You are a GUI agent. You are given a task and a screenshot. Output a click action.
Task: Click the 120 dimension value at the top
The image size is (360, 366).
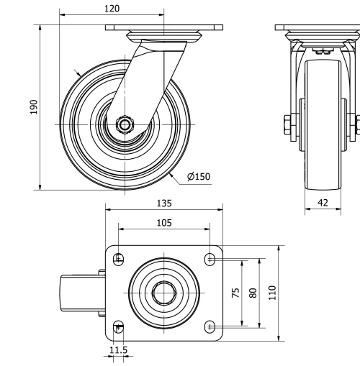pyautogui.click(x=112, y=8)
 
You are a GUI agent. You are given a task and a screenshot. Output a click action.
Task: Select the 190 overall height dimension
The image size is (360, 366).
pyautogui.click(x=32, y=107)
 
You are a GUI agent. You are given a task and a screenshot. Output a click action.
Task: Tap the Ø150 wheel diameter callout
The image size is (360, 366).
pyautogui.click(x=198, y=176)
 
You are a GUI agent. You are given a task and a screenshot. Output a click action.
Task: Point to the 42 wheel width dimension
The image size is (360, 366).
pyautogui.click(x=323, y=203)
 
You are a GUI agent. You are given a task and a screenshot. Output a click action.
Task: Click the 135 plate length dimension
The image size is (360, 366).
pyautogui.click(x=164, y=203)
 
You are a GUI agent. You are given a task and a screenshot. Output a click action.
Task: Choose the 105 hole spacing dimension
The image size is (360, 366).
pyautogui.click(x=164, y=223)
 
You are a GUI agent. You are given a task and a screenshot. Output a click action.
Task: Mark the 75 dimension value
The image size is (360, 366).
pyautogui.click(x=235, y=293)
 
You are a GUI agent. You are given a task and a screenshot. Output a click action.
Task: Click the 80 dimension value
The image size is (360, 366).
pyautogui.click(x=252, y=293)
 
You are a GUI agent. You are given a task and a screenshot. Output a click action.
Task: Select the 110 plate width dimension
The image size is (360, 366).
pyautogui.click(x=272, y=293)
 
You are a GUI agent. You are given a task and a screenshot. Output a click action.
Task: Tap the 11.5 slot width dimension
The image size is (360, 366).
pyautogui.click(x=118, y=350)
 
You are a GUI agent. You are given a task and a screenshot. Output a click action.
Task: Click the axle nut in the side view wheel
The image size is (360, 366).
pyautogui.click(x=125, y=124)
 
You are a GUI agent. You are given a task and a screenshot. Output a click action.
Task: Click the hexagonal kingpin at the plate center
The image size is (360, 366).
pyautogui.click(x=164, y=292)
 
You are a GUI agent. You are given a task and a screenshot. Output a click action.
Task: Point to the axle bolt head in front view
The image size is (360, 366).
pyautogui.click(x=289, y=125)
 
